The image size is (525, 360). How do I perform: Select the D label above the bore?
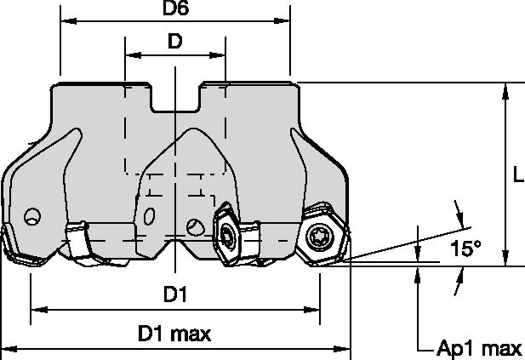point(174,41)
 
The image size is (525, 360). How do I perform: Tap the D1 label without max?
point(175,294)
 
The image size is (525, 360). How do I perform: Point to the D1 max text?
point(174,334)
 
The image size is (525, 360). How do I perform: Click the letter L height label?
point(518,176)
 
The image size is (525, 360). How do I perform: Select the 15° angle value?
point(465,249)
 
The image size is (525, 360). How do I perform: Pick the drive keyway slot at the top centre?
point(175,99)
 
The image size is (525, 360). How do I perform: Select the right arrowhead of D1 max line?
point(347,348)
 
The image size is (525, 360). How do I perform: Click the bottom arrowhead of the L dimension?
point(505,261)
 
